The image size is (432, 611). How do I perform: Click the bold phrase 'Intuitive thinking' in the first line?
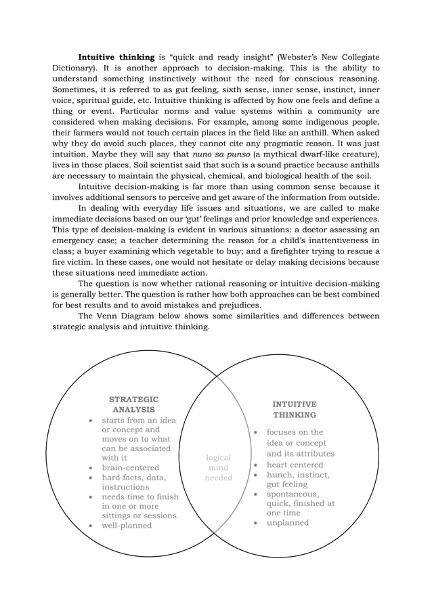click(116, 57)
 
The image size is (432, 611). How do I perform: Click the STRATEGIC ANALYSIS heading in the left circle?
click(133, 404)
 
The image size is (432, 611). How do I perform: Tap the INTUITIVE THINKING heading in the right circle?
click(294, 409)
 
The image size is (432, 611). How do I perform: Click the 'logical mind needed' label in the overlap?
click(218, 468)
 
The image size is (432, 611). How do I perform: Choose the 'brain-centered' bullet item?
click(130, 467)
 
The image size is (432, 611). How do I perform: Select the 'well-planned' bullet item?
click(127, 526)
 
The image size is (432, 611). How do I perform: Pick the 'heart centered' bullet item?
click(295, 465)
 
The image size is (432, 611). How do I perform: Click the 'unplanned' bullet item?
click(287, 522)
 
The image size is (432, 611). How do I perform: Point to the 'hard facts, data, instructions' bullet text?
click(133, 482)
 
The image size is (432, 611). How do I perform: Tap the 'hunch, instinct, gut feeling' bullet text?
click(297, 480)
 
